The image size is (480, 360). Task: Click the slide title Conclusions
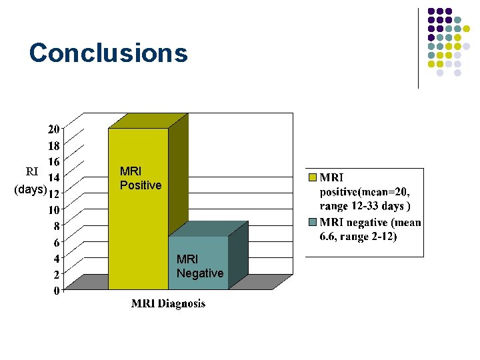(x=108, y=53)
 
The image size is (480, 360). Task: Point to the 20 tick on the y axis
(x=54, y=129)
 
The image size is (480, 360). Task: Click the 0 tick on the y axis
(x=57, y=290)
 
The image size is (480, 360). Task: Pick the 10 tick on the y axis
(x=54, y=209)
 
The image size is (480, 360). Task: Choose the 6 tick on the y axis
(x=57, y=242)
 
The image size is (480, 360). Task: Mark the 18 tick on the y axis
(x=54, y=145)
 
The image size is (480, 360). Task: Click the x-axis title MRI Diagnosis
(x=168, y=304)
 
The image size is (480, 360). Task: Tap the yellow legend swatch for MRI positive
(x=312, y=178)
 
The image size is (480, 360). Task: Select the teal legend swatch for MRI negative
(x=312, y=221)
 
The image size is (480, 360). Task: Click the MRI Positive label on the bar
(x=140, y=178)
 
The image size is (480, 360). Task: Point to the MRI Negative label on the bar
(x=200, y=266)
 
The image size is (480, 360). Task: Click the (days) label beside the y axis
(x=30, y=190)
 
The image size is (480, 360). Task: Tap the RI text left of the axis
(x=31, y=171)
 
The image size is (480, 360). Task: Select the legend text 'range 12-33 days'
(x=364, y=206)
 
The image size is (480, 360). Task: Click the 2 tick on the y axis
(x=57, y=274)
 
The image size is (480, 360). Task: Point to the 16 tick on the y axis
(x=54, y=161)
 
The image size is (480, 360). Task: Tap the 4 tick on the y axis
(x=57, y=258)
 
